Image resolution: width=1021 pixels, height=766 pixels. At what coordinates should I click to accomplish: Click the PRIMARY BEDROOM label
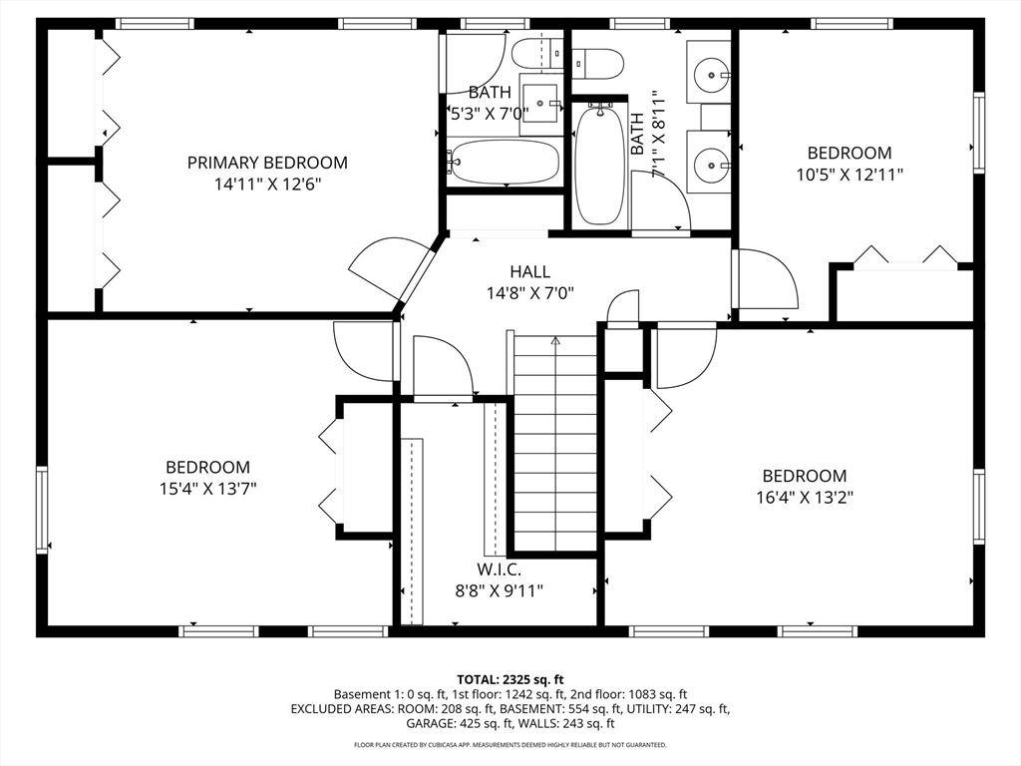[x=267, y=163]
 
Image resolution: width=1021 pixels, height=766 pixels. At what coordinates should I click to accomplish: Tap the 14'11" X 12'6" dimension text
[x=267, y=185]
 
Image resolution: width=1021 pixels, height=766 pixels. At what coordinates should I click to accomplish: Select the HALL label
[x=529, y=271]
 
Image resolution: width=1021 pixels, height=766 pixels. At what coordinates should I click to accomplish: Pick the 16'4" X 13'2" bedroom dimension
[x=804, y=498]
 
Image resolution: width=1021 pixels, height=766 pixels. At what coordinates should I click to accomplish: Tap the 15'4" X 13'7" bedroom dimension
[x=207, y=489]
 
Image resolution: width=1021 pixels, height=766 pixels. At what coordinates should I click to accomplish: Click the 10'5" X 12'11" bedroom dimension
[x=849, y=175]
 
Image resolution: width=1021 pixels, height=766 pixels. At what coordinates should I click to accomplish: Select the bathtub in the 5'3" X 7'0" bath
[x=504, y=162]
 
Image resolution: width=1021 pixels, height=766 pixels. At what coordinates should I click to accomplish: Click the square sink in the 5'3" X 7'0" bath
[x=543, y=102]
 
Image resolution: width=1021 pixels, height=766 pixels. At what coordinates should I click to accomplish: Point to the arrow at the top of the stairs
[x=555, y=341]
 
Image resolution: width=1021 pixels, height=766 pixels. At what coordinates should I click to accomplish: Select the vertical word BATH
[x=637, y=134]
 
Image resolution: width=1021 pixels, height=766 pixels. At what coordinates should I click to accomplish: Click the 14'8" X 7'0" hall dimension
[x=529, y=293]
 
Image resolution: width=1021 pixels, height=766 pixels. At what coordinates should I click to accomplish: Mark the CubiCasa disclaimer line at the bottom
[x=510, y=745]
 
